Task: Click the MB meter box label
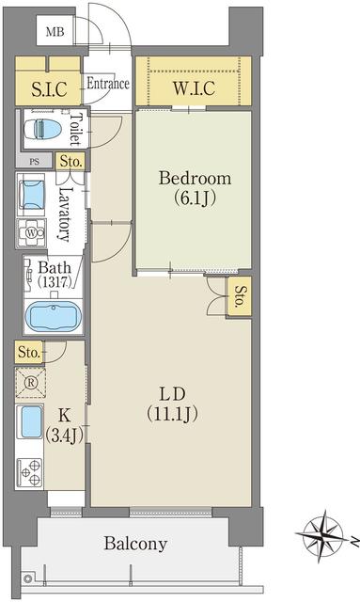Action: (55, 31)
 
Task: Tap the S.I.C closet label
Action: (49, 89)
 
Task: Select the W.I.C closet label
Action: (194, 88)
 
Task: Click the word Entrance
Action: (108, 84)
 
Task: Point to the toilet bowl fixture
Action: (43, 129)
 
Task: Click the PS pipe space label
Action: (34, 162)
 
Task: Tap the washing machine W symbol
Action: (31, 232)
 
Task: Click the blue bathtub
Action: (54, 317)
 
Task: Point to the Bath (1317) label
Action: (55, 275)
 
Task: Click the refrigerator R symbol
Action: (31, 383)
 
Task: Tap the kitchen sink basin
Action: (31, 422)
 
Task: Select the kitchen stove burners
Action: (30, 472)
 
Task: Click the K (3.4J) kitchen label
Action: (65, 425)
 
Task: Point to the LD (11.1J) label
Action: (172, 404)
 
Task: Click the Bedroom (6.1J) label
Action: (195, 188)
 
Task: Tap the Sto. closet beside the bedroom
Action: (239, 296)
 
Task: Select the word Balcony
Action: (136, 544)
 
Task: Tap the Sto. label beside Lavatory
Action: (71, 162)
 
